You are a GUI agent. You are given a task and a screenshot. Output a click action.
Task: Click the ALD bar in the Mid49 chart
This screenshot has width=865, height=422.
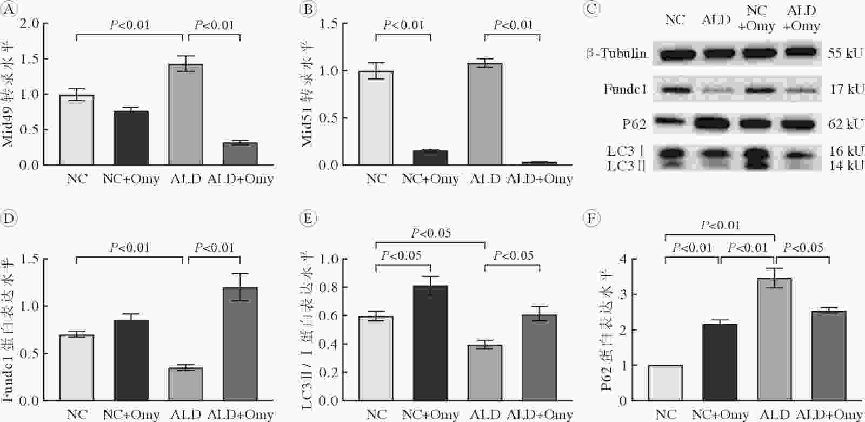186,115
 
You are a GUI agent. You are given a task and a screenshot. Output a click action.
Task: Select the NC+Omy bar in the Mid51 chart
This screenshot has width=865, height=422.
430,158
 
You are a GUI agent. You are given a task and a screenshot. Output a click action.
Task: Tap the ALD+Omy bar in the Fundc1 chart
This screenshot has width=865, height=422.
240,344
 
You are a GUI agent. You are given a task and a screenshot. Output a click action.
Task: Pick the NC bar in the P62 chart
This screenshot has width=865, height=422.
666,383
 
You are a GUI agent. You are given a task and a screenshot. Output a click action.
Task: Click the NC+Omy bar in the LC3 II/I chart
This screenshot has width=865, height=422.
430,343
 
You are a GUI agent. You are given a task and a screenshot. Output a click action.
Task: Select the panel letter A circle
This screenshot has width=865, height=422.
9,9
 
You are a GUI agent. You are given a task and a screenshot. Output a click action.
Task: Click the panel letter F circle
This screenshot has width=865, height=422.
591,219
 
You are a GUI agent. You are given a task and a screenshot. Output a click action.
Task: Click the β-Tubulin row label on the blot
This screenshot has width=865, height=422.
616,53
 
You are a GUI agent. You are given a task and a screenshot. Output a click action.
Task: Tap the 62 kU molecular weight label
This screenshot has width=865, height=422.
844,124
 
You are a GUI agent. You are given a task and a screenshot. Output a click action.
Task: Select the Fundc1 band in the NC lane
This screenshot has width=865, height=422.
674,90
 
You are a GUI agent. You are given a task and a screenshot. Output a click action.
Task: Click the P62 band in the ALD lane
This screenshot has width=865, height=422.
716,124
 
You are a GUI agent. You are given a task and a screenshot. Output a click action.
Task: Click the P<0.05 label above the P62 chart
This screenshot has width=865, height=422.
803,248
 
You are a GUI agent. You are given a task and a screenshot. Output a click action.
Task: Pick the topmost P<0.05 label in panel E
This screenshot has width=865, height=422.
430,233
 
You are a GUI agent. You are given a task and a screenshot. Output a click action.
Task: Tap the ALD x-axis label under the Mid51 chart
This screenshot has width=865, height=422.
485,179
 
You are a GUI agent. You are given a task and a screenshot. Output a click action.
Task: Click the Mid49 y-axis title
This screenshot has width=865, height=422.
8,94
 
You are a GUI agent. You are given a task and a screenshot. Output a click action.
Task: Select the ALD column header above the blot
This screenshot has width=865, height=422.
716,19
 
